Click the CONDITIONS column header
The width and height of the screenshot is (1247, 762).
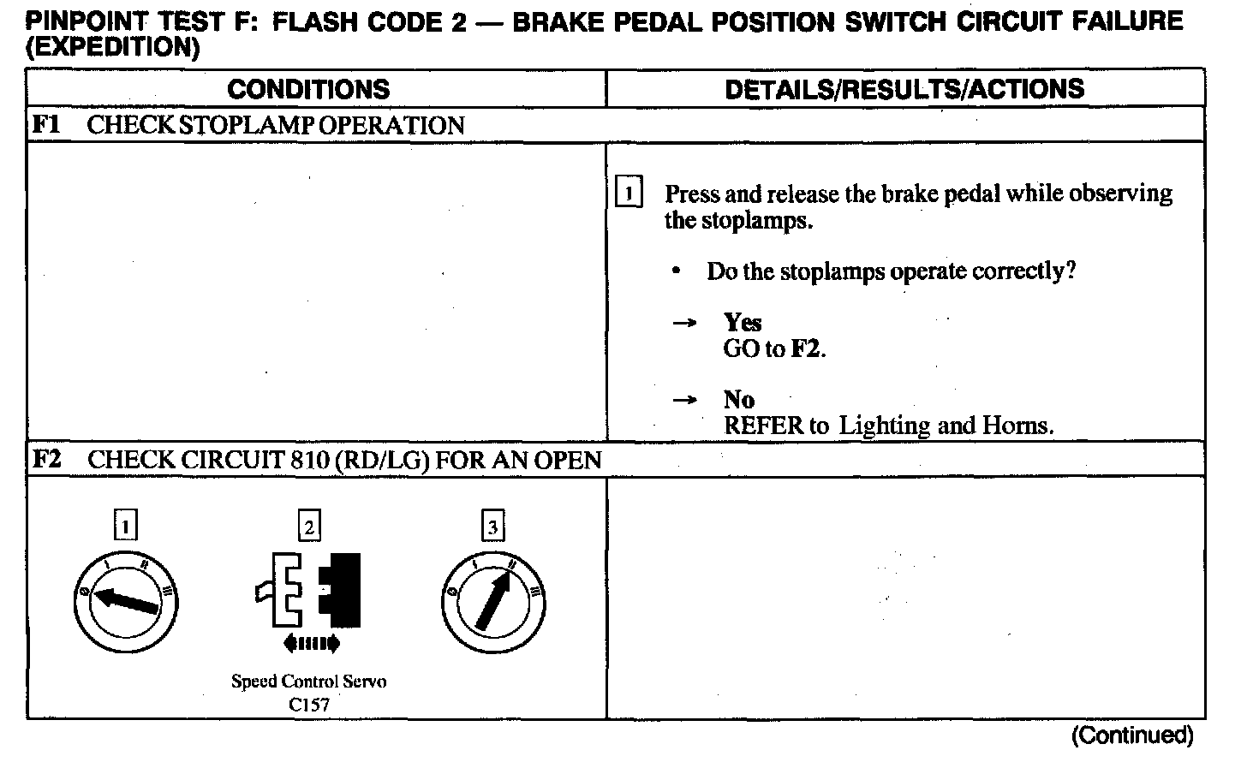[x=308, y=89]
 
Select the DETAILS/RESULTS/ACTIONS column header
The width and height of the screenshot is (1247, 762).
[x=904, y=89]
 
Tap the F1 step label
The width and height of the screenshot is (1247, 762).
[x=45, y=125]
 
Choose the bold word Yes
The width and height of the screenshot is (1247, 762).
[x=742, y=323]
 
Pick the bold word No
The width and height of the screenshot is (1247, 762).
[x=738, y=400]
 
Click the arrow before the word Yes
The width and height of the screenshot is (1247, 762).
[x=683, y=324]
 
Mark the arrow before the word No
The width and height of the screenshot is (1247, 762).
[x=683, y=401]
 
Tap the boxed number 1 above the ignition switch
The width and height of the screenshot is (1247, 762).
[x=126, y=526]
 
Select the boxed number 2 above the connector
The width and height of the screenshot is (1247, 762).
[x=309, y=526]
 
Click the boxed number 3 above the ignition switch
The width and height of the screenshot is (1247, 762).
[x=492, y=526]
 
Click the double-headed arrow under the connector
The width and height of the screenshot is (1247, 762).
[x=310, y=643]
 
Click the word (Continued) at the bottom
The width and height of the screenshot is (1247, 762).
[x=1131, y=735]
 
